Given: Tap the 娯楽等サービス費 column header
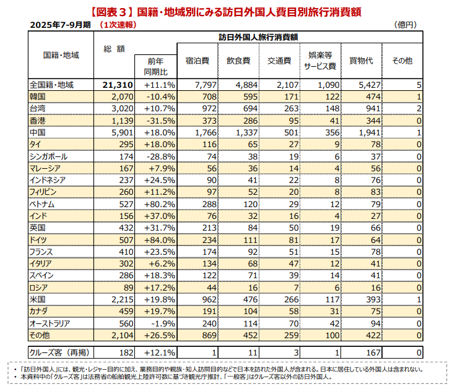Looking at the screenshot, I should (x=320, y=61).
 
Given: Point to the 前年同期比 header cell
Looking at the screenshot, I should (x=155, y=67).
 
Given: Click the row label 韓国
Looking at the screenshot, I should (x=38, y=96).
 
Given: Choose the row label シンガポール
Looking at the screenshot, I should (x=49, y=156).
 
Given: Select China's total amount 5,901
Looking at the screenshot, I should (x=117, y=132).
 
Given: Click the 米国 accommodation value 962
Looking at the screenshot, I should (x=202, y=299).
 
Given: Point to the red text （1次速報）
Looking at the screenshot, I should (x=118, y=25).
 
